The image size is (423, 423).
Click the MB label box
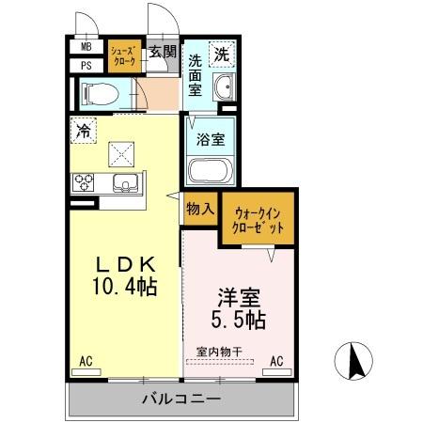tap(86, 47)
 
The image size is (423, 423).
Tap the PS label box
tap(86, 65)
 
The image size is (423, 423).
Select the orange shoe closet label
tap(125, 55)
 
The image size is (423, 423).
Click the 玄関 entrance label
tap(163, 53)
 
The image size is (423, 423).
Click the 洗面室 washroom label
tap(195, 75)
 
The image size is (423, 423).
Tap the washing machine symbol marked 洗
tap(221, 55)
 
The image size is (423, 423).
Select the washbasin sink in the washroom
tap(223, 89)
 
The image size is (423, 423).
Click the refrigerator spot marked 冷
tap(83, 132)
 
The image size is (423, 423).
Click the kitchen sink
tap(126, 182)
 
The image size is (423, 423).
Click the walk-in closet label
tap(258, 221)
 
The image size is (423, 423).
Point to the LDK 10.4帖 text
tap(126, 272)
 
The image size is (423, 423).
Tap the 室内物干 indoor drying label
tap(219, 352)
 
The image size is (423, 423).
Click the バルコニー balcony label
tap(181, 399)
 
